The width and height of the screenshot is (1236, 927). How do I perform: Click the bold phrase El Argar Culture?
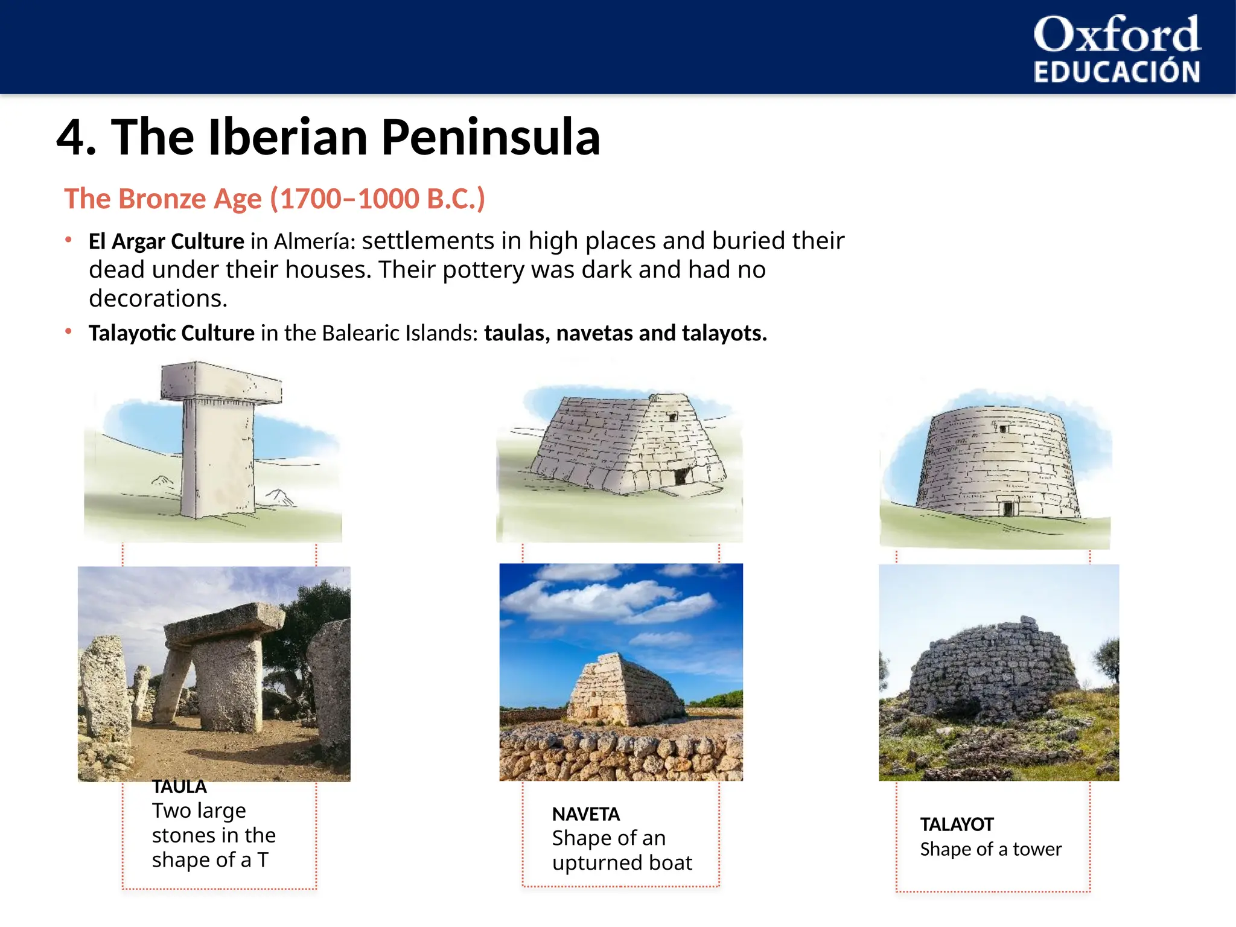166,241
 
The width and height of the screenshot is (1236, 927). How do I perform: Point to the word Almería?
314,241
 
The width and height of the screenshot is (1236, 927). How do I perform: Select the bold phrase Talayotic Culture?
171,333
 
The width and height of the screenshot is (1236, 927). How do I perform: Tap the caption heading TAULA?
179,787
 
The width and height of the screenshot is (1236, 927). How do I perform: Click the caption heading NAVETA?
585,814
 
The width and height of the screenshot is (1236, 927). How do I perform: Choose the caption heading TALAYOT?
957,824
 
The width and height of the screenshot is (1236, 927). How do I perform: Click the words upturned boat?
622,863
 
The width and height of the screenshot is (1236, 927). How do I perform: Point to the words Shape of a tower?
990,849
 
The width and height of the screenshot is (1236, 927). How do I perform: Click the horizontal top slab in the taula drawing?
221,381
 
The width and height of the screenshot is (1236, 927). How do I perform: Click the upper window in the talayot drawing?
1003,428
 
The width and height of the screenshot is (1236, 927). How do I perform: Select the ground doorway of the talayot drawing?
1007,508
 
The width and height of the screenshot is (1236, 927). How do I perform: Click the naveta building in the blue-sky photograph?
622,691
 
